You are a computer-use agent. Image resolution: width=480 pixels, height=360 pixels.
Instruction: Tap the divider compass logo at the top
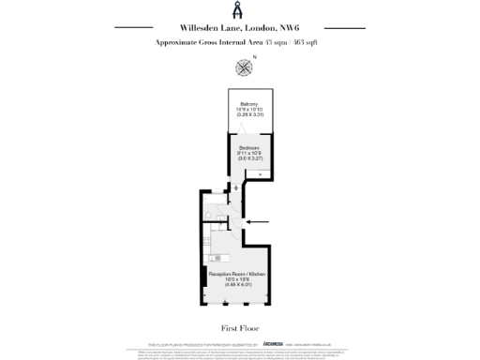[x=240, y=10]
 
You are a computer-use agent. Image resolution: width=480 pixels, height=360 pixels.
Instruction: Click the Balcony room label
[x=249, y=103]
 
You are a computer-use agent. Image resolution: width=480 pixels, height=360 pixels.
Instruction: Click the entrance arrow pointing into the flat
[x=259, y=222]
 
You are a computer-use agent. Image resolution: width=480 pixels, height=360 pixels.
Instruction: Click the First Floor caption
[x=240, y=328]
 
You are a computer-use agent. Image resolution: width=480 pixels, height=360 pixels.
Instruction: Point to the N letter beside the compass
[x=254, y=57]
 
